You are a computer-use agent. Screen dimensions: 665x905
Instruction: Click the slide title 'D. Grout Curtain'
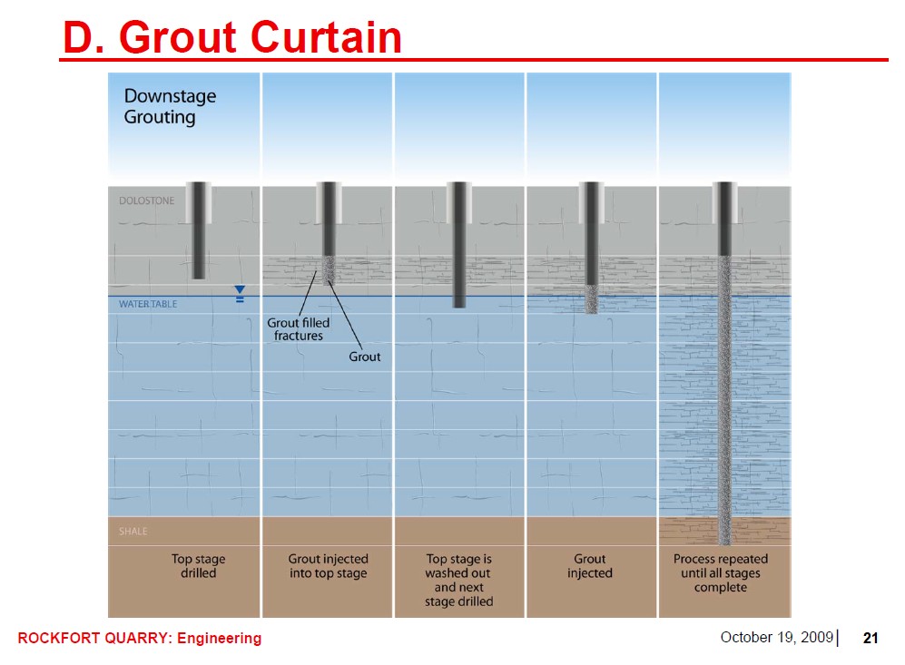click(232, 38)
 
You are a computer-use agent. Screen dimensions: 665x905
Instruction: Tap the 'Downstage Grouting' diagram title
click(170, 106)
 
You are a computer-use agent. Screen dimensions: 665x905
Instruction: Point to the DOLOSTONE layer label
click(146, 200)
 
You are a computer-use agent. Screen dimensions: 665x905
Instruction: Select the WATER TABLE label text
click(148, 304)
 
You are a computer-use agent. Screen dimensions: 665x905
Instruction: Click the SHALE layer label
click(133, 532)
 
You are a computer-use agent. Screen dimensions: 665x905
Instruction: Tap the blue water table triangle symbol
click(240, 289)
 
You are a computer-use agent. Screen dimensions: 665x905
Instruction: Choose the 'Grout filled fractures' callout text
click(299, 329)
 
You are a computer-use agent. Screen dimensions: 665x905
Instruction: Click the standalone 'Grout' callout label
click(365, 357)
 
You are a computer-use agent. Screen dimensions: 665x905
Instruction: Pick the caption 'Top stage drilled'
click(199, 566)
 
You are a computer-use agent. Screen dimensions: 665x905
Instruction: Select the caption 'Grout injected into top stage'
click(328, 566)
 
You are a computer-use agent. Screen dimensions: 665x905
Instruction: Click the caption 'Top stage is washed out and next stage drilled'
click(458, 580)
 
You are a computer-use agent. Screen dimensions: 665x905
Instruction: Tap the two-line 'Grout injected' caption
click(590, 566)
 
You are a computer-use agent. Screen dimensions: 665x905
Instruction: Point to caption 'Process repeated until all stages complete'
click(721, 572)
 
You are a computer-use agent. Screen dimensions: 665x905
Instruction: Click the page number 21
click(871, 638)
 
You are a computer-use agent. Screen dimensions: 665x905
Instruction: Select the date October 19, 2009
click(776, 637)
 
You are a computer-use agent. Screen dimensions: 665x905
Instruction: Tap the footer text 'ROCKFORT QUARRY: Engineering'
click(140, 638)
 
